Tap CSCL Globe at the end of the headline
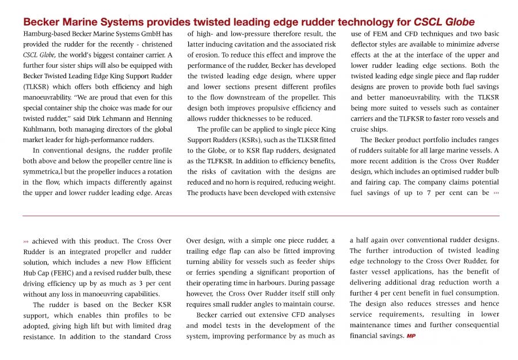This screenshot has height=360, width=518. tap(444, 22)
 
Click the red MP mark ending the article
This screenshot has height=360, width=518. tap(412, 336)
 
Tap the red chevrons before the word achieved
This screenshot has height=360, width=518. tap(26, 242)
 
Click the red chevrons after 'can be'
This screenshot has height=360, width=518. tap(496, 193)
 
